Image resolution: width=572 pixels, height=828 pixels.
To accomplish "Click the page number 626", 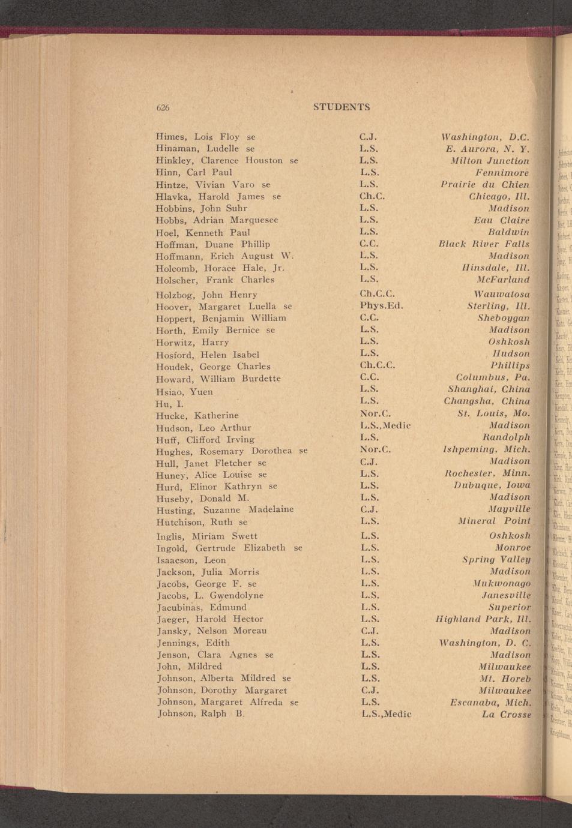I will click(163, 108).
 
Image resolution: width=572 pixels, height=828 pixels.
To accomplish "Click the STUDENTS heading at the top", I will click(342, 107).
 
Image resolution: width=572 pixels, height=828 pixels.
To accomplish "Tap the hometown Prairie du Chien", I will click(485, 184).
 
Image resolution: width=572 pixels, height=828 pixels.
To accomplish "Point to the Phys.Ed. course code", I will click(381, 305).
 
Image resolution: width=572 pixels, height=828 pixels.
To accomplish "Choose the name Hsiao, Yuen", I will click(184, 392).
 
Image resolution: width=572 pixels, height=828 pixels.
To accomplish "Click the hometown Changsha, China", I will click(487, 401).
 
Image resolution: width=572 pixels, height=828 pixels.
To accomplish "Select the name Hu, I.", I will click(169, 404).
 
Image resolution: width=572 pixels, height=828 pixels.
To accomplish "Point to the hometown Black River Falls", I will click(484, 244).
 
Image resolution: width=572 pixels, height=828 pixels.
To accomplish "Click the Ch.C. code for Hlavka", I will click(372, 196).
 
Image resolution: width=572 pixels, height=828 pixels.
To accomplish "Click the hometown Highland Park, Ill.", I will click(483, 619).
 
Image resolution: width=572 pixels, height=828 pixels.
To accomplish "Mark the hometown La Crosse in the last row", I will click(507, 715).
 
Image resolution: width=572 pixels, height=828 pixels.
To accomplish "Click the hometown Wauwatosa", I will click(501, 295).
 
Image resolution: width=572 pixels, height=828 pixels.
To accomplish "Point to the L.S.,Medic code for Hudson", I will click(385, 426).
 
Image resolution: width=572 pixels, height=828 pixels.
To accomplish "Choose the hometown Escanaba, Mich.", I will click(490, 703).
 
